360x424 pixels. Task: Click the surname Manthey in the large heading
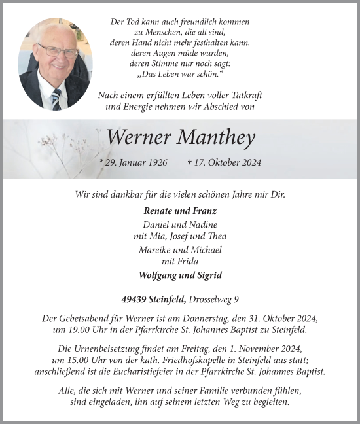click(217, 137)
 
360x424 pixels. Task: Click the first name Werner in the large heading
click(139, 137)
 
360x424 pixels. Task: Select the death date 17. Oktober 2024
click(223, 162)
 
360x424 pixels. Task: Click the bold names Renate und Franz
click(180, 211)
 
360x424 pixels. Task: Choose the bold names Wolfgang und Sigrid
click(180, 275)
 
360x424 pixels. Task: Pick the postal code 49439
click(135, 300)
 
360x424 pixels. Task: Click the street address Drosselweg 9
click(213, 300)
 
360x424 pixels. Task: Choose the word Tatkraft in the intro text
click(243, 96)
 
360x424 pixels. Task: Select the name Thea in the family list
click(218, 236)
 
